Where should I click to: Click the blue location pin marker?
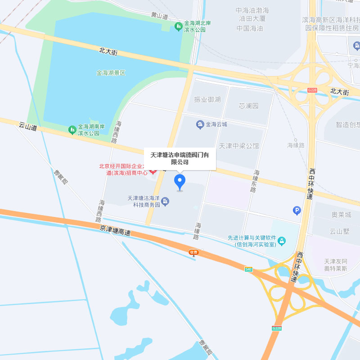point(180,182)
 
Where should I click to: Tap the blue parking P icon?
point(297,210)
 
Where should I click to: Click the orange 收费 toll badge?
point(193,252)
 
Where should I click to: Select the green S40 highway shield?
point(248,269)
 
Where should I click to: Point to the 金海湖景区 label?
point(110,72)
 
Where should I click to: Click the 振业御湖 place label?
point(207,99)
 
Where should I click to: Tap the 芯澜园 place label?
point(248,106)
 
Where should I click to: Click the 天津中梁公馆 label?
point(238,146)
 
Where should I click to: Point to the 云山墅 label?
point(340,231)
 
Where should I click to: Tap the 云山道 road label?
point(28,128)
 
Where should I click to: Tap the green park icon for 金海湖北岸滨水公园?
point(178,26)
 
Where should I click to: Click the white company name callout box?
point(180,158)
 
